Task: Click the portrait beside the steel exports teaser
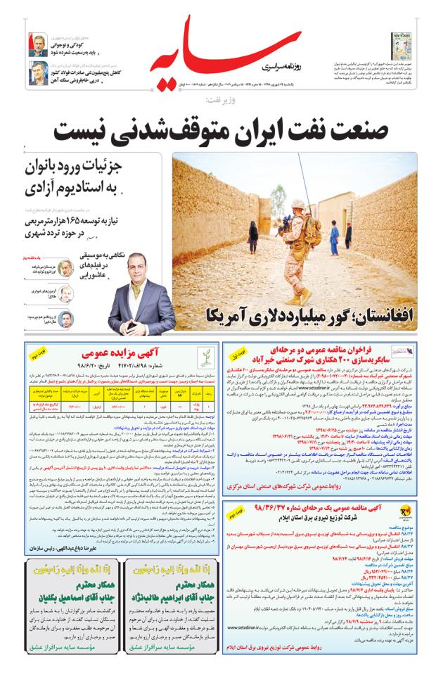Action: tap(38, 72)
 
